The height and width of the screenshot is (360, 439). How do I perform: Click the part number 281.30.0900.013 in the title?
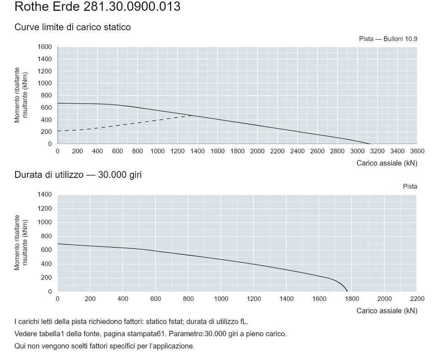[x=132, y=6]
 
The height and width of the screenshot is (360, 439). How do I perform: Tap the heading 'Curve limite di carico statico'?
[x=73, y=27]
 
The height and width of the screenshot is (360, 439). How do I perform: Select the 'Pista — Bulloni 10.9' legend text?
[x=388, y=39]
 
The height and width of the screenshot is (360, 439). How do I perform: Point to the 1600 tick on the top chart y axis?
[x=45, y=47]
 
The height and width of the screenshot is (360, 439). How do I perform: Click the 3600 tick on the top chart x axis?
[x=417, y=151]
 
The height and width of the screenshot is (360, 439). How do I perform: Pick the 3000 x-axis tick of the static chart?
[x=357, y=151]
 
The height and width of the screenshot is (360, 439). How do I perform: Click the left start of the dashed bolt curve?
[x=58, y=131]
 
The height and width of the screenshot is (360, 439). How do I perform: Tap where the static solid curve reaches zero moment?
[x=370, y=144]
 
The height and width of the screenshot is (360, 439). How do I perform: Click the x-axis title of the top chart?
[x=387, y=163]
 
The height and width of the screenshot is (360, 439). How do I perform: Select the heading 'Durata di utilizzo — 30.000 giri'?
[x=78, y=175]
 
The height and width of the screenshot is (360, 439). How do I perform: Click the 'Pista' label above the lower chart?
[x=410, y=187]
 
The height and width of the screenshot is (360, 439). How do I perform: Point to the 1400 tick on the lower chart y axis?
[x=45, y=194]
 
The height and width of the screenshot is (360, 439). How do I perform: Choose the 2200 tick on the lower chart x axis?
[x=417, y=299]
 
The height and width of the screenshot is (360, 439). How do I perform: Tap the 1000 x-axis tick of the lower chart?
[x=221, y=299]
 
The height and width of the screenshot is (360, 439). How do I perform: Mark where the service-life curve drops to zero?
[x=347, y=291]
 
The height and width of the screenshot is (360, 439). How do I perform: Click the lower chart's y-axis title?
[x=21, y=242]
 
